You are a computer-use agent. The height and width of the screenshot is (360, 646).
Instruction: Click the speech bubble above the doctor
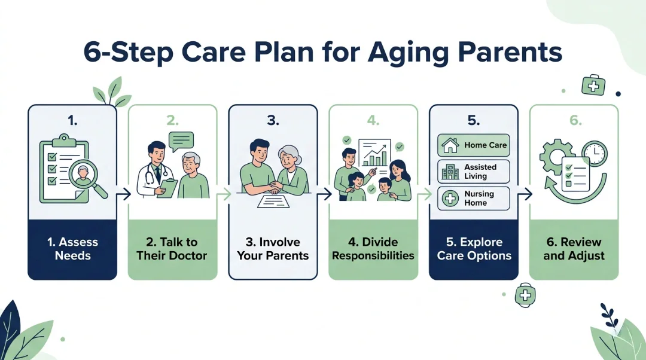181,141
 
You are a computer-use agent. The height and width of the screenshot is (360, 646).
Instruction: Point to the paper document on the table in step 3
273,202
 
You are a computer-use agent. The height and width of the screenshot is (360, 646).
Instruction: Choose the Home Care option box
473,145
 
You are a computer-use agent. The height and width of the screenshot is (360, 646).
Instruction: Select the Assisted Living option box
473,171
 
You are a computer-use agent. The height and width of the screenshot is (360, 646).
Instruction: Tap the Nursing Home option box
473,198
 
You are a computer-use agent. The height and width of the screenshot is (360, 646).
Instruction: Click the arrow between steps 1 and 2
123,193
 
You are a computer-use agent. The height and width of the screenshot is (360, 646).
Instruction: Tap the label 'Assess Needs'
72,249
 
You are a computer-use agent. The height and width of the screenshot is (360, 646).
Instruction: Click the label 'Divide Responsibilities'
373,249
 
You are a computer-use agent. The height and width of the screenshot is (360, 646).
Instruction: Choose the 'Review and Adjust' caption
574,249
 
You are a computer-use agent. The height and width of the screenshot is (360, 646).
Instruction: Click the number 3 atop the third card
273,120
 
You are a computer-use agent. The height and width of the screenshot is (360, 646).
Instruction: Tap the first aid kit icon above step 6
593,85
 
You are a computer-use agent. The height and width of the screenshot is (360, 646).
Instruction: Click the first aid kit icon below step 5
525,295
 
